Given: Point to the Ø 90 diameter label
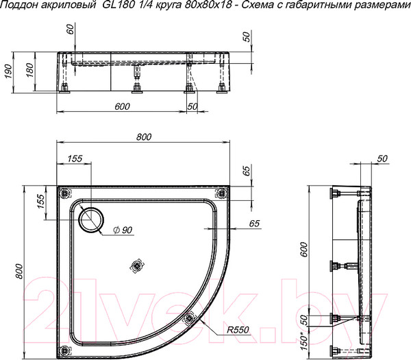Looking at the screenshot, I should point(121,230).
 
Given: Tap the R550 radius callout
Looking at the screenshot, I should point(239,330).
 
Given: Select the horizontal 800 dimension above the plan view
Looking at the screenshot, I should point(143,137).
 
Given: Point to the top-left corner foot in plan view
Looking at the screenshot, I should point(65,191).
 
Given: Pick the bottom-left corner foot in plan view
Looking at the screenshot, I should point(65,346).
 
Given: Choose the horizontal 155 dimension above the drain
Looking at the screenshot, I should point(75,158).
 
